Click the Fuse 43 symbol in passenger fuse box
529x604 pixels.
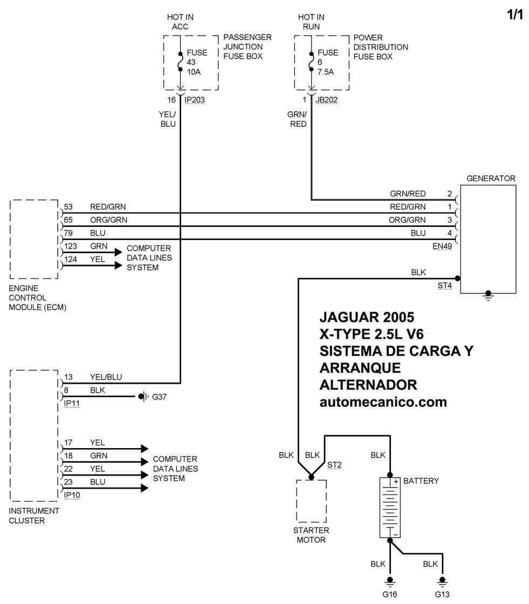coord(180,61)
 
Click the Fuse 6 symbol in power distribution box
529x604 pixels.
coord(311,61)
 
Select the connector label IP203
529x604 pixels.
coord(194,100)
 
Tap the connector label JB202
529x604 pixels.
coord(326,100)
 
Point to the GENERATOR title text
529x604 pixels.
coord(490,179)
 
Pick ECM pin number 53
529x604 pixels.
coord(68,207)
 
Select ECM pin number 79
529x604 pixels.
coord(68,233)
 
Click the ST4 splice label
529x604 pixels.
coord(444,285)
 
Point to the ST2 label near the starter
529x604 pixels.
coord(334,465)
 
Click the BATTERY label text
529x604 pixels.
coord(421,481)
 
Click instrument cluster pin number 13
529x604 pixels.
coord(68,377)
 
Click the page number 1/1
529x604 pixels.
coord(514,15)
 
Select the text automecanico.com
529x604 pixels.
coord(383,402)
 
